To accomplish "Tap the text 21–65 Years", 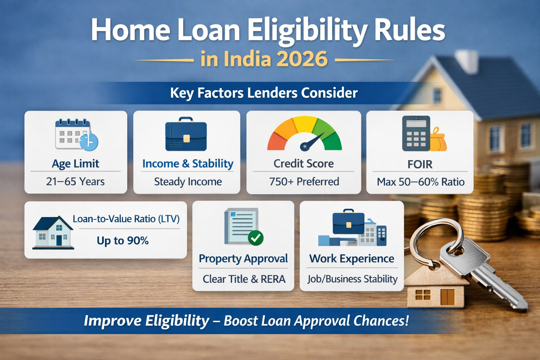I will (75, 181).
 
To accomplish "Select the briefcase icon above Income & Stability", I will (186, 135).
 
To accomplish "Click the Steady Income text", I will (188, 182).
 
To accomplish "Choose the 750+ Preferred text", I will (304, 182).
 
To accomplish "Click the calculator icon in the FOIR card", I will (416, 134).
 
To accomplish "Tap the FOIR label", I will (420, 164).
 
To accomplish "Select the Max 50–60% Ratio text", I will (420, 182).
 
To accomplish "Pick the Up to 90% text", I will (123, 241).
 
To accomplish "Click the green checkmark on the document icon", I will (256, 238).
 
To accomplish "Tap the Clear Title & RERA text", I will (244, 279).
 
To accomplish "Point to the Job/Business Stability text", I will (352, 279).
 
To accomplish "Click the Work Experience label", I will (352, 259).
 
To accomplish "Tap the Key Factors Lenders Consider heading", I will (264, 93).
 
